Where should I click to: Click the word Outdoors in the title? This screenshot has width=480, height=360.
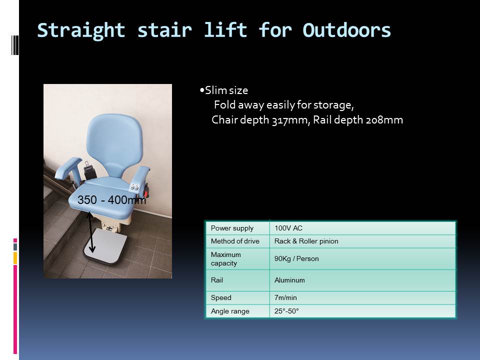(x=346, y=30)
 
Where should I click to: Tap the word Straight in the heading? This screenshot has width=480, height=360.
(x=81, y=31)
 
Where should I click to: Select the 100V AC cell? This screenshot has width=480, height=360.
(x=288, y=228)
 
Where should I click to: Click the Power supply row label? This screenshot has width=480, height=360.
(x=232, y=228)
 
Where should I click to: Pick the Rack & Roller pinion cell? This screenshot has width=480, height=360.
(x=306, y=241)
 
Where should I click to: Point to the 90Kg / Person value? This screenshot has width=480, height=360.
(x=296, y=258)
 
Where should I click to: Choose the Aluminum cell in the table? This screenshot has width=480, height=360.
(x=289, y=280)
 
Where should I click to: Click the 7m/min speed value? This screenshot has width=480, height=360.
(x=285, y=297)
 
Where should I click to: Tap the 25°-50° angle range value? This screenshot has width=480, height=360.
(x=286, y=311)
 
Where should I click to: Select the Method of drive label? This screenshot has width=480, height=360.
(x=235, y=241)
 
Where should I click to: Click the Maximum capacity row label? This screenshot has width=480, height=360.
(x=226, y=259)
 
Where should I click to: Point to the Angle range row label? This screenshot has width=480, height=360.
(x=230, y=311)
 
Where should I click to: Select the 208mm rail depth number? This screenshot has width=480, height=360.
(x=384, y=120)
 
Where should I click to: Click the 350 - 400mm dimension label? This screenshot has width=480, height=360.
(x=111, y=200)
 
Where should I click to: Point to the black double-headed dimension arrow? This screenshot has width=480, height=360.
(x=90, y=232)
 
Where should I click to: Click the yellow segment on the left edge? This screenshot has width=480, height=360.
(x=15, y=258)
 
